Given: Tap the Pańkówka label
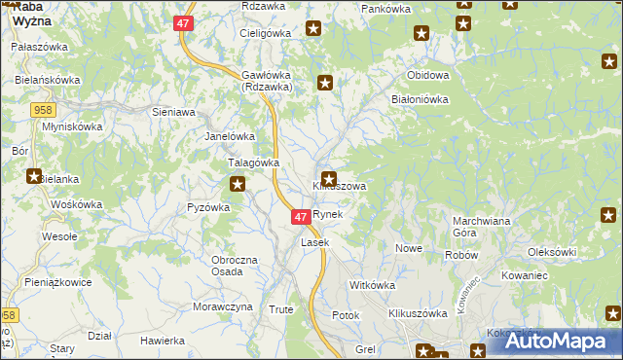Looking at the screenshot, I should coord(386,9).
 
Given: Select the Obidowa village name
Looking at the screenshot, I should coord(429,75).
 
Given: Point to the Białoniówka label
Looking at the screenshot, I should coord(419,98).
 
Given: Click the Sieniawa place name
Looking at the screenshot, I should coord(174,112).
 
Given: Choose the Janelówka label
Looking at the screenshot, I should coord(230,136).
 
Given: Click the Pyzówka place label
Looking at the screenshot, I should coord(208,206).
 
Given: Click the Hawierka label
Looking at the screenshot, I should coord(163,341).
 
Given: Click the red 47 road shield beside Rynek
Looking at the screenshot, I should coord(301,216).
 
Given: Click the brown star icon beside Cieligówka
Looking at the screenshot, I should coord(312,29).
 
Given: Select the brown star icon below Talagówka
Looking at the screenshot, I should coord(237,183).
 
